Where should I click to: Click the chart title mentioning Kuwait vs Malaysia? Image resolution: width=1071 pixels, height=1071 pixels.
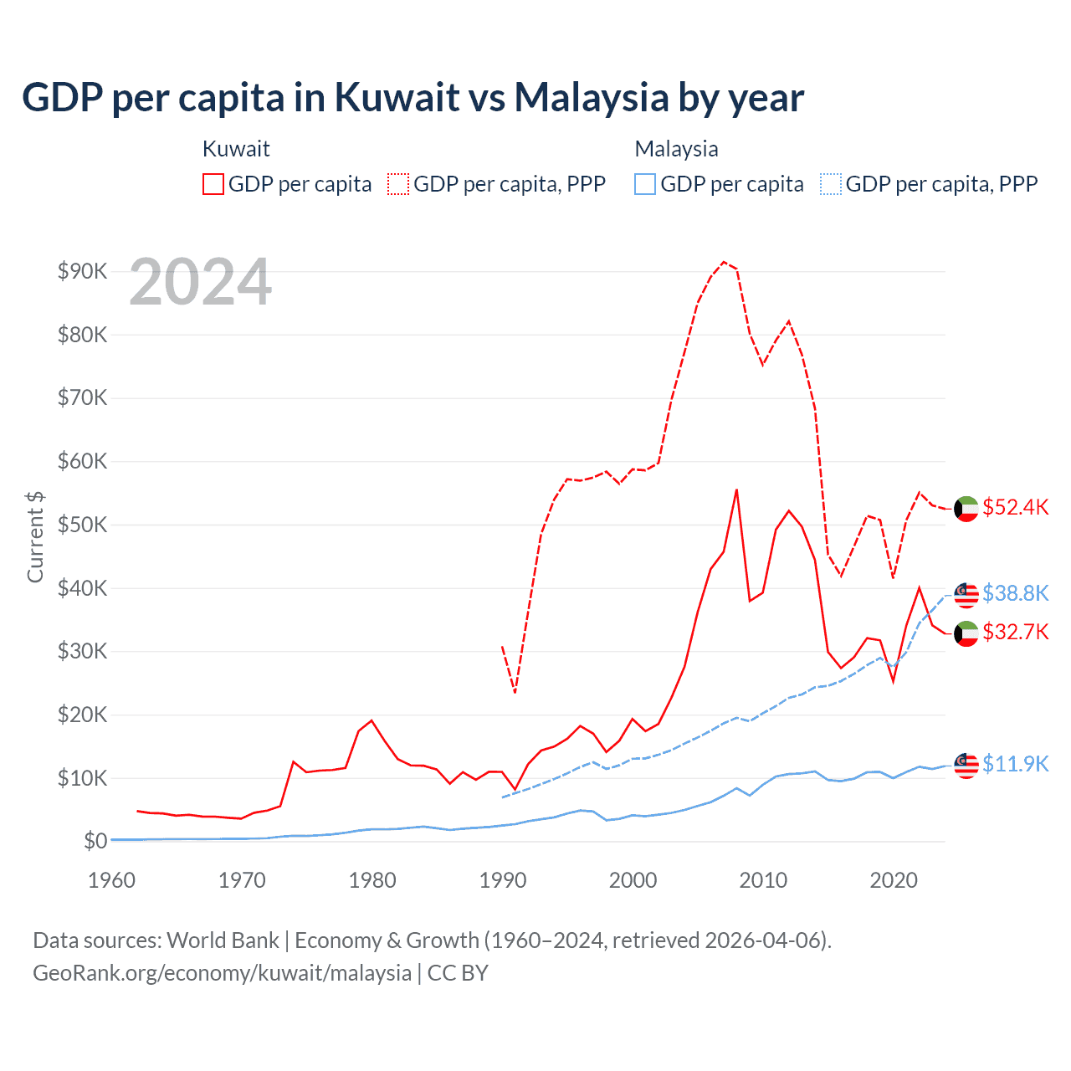pos(413,98)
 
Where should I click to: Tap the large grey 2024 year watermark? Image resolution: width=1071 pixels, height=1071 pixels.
pos(201,282)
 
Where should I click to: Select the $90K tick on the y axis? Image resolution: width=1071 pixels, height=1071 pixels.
pos(82,271)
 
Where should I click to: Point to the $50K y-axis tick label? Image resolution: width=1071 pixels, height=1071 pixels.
pos(82,525)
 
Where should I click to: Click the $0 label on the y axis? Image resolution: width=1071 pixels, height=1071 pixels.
pos(95,841)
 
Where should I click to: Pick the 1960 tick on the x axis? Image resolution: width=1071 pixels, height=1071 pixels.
pos(111,880)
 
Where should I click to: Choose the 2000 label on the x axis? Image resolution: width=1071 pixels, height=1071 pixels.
pos(633,880)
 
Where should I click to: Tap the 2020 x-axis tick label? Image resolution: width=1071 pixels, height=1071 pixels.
pos(894,880)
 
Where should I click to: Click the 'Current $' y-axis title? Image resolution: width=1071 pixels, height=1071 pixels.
pos(35,537)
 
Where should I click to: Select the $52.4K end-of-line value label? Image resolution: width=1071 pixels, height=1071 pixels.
pos(1015,508)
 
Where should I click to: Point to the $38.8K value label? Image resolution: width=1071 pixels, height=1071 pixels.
pos(1015,593)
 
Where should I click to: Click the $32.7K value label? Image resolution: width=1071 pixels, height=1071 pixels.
pos(1015,632)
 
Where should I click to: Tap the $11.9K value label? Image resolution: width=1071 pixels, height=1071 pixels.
pos(1015,764)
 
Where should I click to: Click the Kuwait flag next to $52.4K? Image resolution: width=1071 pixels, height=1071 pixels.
pos(966,509)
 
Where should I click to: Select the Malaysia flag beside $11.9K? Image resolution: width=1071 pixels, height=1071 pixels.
pos(966,765)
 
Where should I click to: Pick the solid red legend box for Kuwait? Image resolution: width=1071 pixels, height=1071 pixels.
pos(213,184)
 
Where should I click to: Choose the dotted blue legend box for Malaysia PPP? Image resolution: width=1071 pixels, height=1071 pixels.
pos(831,184)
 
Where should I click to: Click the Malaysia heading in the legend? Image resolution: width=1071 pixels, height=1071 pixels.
pos(676,149)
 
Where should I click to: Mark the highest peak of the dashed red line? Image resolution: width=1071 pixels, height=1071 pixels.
pos(724,262)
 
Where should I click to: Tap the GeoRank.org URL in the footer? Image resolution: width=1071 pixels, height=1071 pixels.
pos(222,973)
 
